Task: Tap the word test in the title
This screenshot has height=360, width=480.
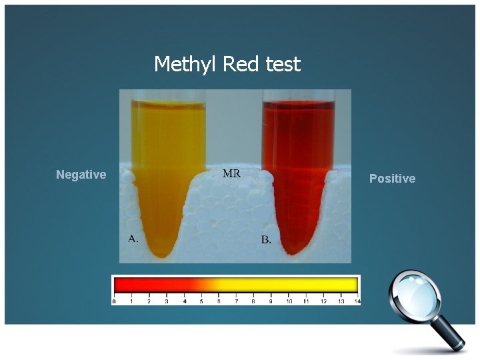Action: (283, 65)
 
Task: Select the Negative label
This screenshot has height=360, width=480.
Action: (81, 175)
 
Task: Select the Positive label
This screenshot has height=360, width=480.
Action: (392, 179)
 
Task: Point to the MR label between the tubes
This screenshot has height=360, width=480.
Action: (231, 173)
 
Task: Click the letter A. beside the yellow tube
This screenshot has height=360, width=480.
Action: (133, 238)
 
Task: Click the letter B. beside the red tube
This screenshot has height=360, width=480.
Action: (266, 239)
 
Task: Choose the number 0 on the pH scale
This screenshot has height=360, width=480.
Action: (114, 301)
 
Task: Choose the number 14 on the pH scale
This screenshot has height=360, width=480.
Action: (357, 301)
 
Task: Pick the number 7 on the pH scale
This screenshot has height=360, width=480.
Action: (235, 301)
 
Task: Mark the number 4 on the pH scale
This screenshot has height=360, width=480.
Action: (183, 301)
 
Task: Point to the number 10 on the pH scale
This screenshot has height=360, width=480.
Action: (289, 301)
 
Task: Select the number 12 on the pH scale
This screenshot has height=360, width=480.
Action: (323, 301)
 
